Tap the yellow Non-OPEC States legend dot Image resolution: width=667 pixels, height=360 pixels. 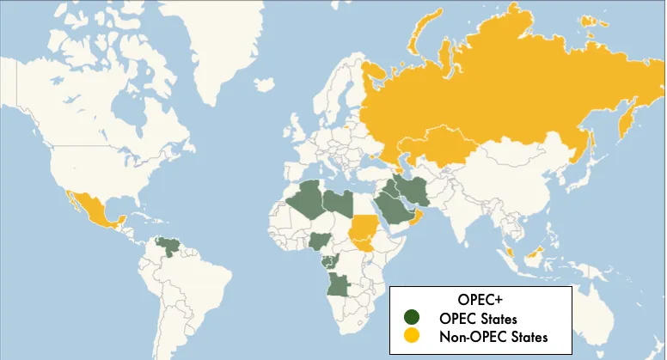tap(413, 336)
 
